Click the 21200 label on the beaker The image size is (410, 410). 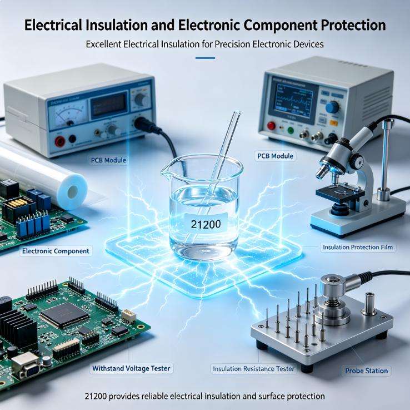(x=206, y=223)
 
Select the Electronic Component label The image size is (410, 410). (x=56, y=251)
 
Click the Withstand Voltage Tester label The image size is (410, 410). (x=131, y=368)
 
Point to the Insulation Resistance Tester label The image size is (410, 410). (x=253, y=369)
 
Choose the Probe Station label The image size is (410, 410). (x=366, y=371)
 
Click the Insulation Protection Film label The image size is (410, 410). (x=357, y=247)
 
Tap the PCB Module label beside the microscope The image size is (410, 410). (x=275, y=156)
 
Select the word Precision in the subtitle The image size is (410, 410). (x=232, y=45)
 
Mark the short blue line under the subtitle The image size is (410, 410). (x=205, y=58)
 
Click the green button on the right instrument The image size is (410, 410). (x=290, y=130)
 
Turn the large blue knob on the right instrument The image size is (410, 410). (x=332, y=107)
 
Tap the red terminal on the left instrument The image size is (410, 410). (x=60, y=142)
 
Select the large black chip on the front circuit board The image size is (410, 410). (x=65, y=315)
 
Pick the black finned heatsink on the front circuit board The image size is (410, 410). (x=18, y=327)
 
